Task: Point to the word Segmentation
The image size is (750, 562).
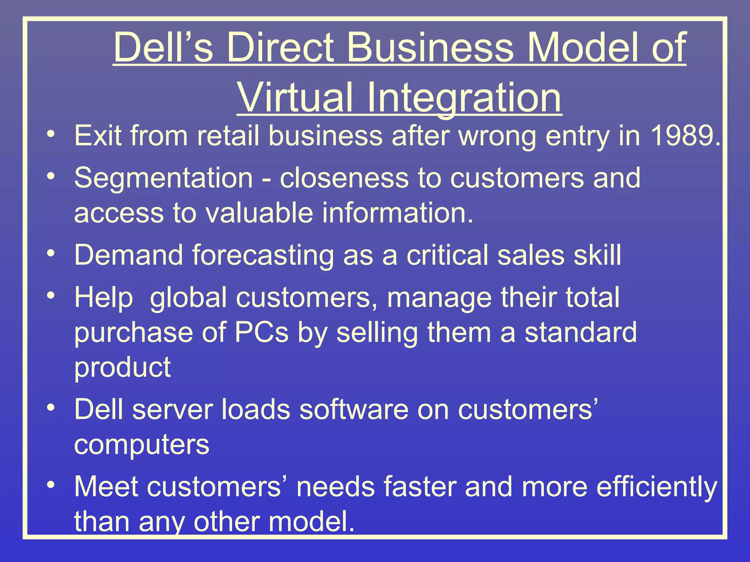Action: click(163, 178)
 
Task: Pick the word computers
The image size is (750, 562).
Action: click(141, 445)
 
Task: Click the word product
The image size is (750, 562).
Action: click(122, 367)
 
